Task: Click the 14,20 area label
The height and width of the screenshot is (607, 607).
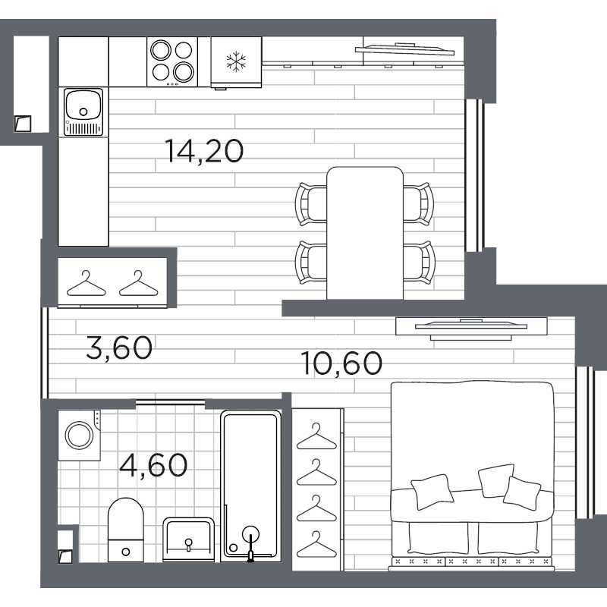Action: point(204,151)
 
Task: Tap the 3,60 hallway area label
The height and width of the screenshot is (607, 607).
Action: point(119,348)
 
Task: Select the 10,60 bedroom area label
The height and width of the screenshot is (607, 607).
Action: point(341,363)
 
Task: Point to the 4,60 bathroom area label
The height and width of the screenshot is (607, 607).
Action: point(153,465)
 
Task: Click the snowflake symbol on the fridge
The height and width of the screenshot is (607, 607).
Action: point(236,61)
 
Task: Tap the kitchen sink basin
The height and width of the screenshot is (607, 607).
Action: point(83,105)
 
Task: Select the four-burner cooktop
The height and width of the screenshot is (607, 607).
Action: point(172,62)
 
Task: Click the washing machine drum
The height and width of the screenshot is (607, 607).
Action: point(80,436)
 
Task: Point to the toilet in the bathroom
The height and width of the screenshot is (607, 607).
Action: point(126,530)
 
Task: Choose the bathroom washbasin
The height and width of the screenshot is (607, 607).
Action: point(188,539)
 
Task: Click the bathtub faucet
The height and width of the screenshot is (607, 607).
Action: point(250,543)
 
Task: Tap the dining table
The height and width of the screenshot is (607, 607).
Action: point(365,233)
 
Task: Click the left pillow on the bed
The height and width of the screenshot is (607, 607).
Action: point(432,492)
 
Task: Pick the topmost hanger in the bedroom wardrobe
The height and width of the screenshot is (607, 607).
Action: point(316,436)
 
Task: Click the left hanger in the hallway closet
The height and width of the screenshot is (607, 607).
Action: point(86,284)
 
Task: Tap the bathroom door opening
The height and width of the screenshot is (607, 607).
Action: point(170,402)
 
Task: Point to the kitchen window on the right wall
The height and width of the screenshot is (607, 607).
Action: point(474,175)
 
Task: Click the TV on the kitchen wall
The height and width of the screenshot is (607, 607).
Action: point(404,49)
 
